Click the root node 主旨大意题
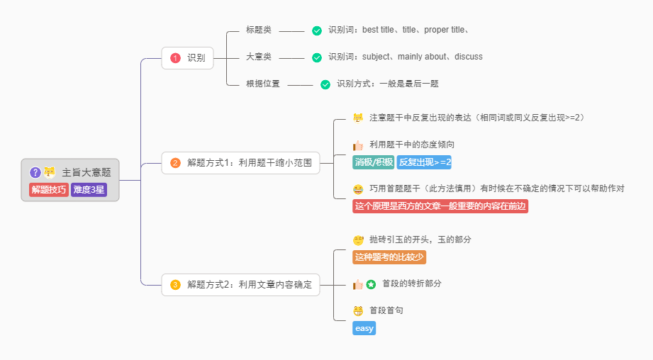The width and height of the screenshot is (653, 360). point(86,172)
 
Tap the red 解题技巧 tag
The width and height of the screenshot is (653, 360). point(49,189)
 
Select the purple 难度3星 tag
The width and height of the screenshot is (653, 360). point(89,189)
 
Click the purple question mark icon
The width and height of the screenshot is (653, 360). point(35,172)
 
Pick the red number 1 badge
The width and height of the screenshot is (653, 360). point(176,58)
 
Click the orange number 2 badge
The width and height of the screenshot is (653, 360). point(176,163)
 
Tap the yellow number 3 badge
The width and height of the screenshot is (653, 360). point(176,285)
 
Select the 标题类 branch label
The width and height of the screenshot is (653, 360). point(259,30)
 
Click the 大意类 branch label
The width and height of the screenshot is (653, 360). point(259,57)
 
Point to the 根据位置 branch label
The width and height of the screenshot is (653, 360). point(263,84)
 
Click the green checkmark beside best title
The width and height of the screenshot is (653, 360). point(317,30)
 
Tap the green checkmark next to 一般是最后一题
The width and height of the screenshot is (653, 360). point(325,84)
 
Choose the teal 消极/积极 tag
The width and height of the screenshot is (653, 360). point(374,162)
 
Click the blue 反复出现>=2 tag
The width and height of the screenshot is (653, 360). point(424,162)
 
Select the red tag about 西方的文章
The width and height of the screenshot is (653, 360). point(440,206)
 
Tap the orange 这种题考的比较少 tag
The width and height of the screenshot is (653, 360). point(389,257)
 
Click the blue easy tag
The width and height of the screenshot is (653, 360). point(364,328)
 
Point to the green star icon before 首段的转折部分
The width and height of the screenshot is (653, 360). point(371,284)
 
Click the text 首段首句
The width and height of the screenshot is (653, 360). point(386,310)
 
